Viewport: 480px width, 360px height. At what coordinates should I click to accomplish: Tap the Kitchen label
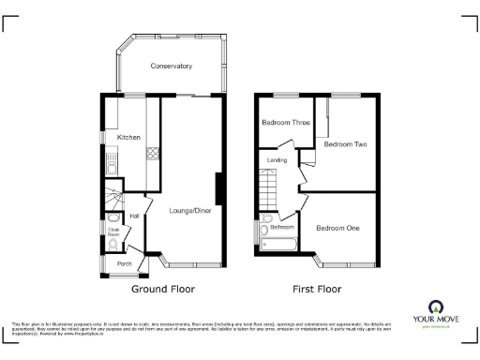[128, 138]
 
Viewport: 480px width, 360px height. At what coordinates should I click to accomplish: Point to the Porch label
[124, 263]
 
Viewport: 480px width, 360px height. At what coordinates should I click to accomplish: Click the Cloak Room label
[112, 230]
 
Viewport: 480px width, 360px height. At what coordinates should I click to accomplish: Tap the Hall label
[135, 217]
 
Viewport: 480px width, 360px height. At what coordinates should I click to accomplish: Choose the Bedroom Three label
[285, 123]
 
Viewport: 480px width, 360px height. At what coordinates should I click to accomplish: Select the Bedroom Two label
[345, 144]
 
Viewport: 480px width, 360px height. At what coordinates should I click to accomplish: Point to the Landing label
[277, 160]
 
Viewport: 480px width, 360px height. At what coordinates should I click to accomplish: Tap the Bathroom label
[282, 228]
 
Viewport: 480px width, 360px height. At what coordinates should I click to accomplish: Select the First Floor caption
[316, 289]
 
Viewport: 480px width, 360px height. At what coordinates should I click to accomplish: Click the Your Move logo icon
[435, 307]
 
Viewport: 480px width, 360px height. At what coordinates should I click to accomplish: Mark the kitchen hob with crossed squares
[150, 155]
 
